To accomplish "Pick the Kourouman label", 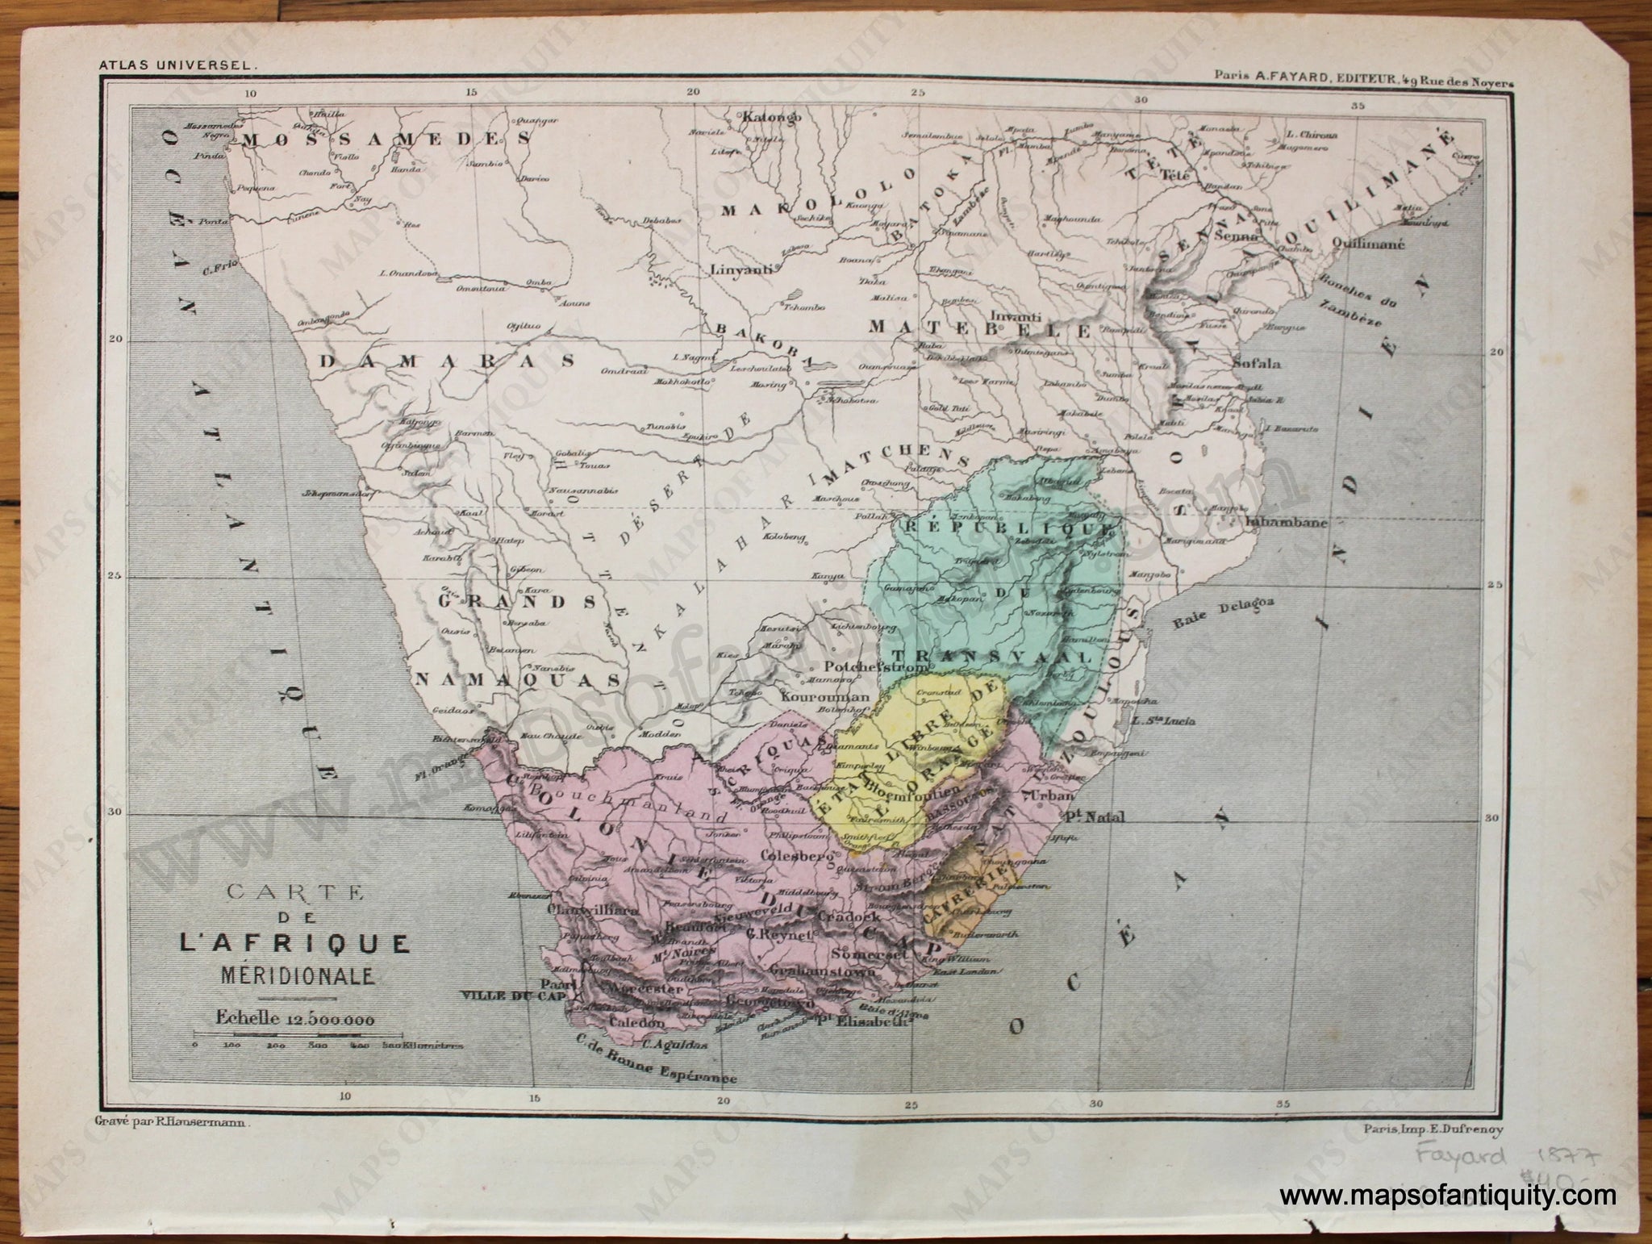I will coord(831,696).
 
